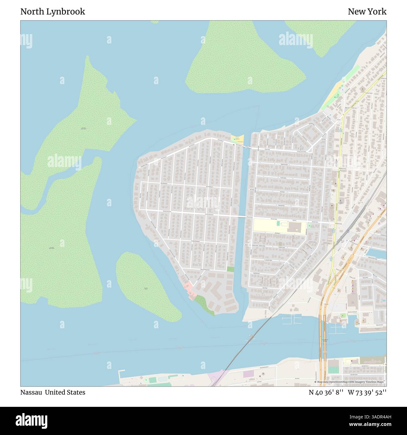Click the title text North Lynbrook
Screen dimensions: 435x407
(x=53, y=12)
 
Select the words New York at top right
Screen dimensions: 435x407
(x=367, y=12)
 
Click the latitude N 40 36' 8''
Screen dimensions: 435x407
(x=326, y=392)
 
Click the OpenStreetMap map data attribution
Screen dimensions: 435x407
(x=350, y=382)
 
